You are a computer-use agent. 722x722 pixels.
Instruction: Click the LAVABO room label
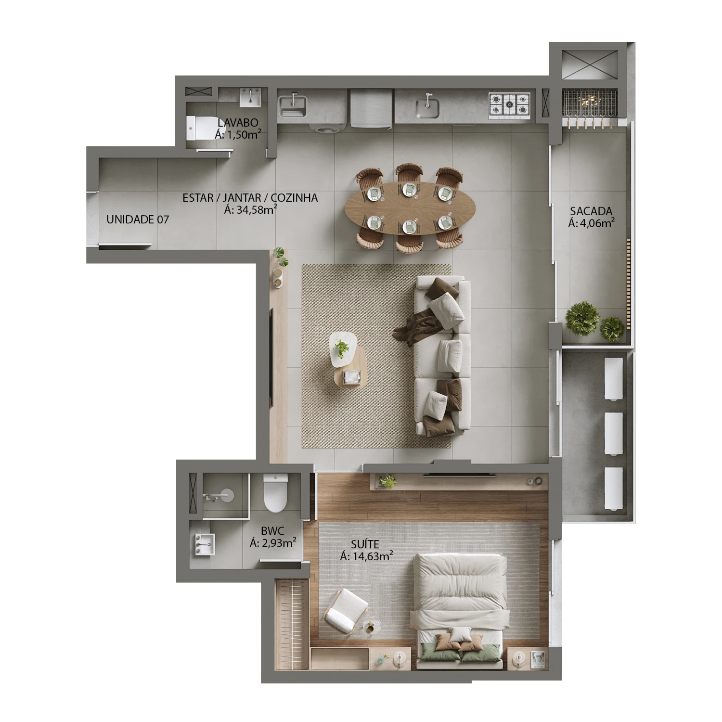pos(238,123)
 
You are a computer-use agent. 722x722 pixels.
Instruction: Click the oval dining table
pos(410,207)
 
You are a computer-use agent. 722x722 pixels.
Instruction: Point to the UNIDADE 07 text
pos(138,219)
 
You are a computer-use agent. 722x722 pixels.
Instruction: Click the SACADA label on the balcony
pos(591,211)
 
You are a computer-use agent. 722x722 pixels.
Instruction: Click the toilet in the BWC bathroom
pos(276,492)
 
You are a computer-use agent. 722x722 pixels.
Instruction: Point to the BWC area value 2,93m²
pos(273,543)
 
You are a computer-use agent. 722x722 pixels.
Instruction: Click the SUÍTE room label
pos(365,544)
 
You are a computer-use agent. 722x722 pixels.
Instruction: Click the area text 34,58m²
pos(250,209)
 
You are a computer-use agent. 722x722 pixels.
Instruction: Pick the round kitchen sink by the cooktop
pos(427,106)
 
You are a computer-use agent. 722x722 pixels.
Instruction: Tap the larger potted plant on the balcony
pos(582,318)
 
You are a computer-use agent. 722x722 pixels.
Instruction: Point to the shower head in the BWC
pos(224,496)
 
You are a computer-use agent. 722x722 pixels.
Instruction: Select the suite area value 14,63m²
pos(366,556)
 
